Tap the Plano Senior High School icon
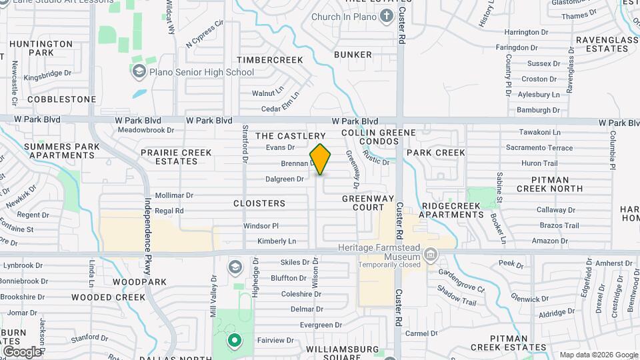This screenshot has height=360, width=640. point(139,71)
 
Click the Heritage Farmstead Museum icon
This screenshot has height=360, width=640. point(431,254)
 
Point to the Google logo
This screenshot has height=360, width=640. point(21,351)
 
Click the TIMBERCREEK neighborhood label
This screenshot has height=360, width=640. point(270,60)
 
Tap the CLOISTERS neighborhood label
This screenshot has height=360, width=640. point(259,203)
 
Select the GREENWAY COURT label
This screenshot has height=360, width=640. point(363,203)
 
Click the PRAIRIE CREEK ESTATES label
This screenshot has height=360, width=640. point(176,157)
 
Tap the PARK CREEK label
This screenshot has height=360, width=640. point(435,153)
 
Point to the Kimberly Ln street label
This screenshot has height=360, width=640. point(277,241)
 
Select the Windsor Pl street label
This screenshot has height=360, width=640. point(261,226)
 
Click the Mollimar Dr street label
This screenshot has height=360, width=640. point(173,196)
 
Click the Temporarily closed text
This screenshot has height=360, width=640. point(389,265)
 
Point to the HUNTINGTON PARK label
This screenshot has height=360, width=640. point(41,48)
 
